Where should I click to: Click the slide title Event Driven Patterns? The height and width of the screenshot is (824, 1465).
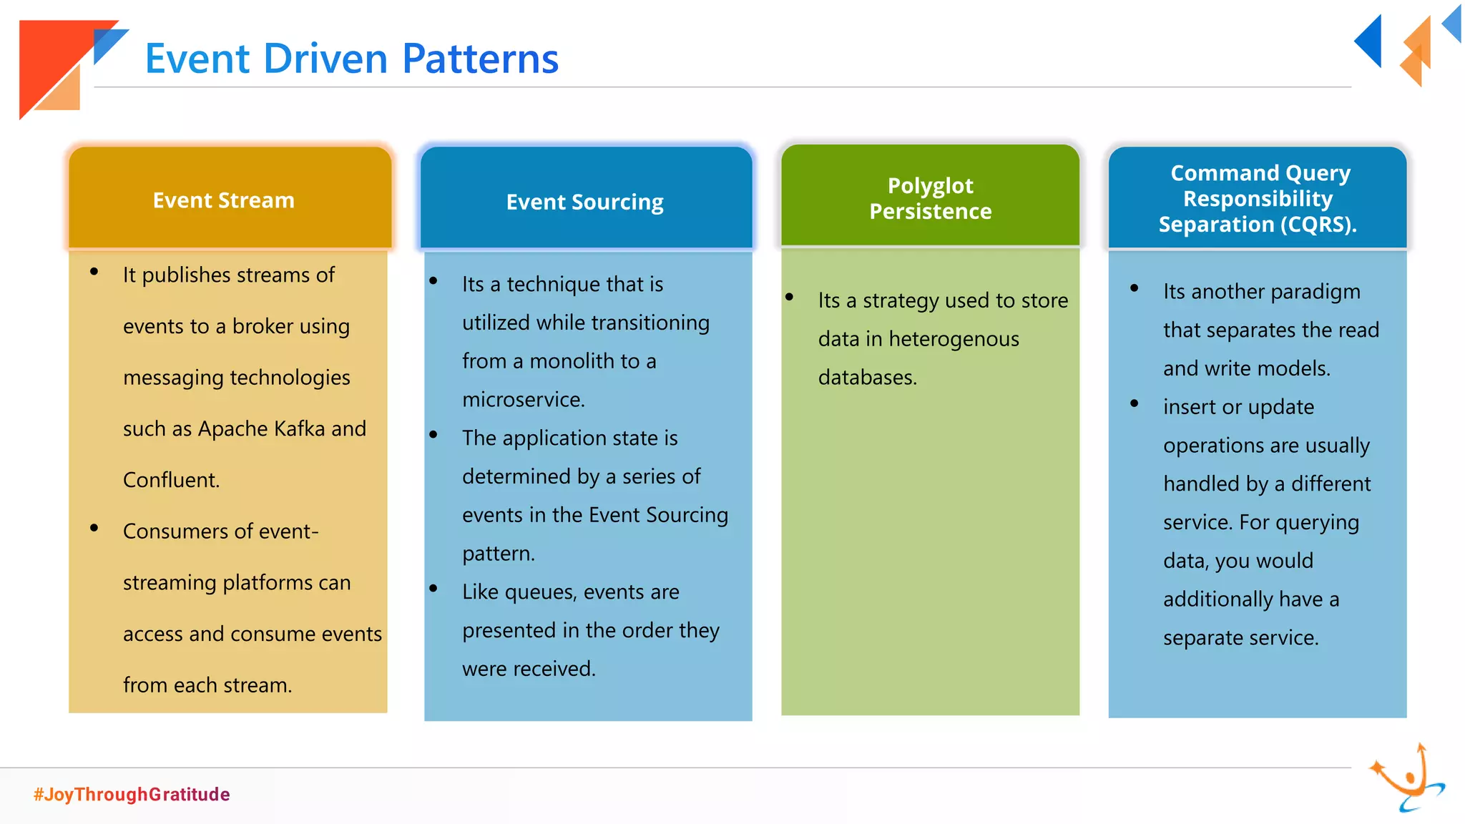pos(351,59)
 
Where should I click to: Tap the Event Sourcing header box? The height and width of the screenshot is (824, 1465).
pos(586,201)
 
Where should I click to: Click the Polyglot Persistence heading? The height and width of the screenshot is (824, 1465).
pos(930,198)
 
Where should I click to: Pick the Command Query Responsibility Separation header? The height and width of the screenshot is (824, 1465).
pos(1257,198)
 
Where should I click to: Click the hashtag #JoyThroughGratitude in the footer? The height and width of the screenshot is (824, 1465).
pos(132,794)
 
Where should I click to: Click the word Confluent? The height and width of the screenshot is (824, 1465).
pos(171,480)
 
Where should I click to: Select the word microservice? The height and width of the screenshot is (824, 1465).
pos(523,400)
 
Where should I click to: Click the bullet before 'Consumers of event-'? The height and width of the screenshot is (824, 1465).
pos(94,529)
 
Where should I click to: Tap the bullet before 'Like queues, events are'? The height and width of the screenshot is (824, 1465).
pos(433,589)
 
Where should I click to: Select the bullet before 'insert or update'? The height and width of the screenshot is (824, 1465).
pos(1135,403)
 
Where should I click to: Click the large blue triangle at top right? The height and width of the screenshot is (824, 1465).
pos(1371,41)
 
